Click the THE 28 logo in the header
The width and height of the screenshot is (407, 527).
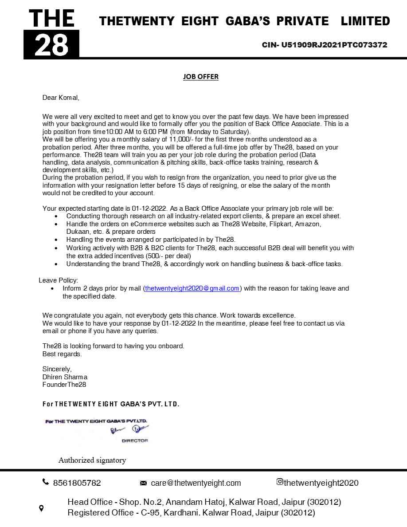51,34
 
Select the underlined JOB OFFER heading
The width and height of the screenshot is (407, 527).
201,76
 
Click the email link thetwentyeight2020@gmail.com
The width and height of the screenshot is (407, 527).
192,288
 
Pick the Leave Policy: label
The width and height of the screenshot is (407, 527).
58,280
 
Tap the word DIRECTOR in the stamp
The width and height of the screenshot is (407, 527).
135,440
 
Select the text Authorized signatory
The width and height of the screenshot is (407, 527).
92,460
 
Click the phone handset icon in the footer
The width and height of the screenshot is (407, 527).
46,482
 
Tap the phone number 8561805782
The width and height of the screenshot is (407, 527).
77,483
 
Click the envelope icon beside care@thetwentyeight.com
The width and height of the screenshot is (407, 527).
143,483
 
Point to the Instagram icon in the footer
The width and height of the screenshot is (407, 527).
280,482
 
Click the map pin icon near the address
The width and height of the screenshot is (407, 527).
41,508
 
